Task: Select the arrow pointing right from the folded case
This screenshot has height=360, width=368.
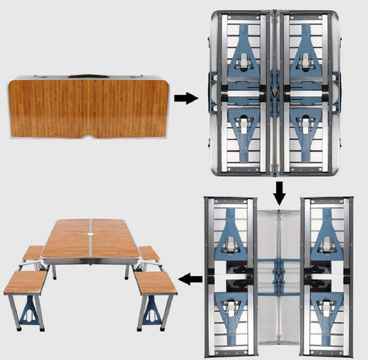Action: pyautogui.click(x=184, y=99)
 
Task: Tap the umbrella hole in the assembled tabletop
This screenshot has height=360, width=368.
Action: pyautogui.click(x=91, y=238)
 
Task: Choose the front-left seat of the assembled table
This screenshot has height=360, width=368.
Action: pyautogui.click(x=25, y=281)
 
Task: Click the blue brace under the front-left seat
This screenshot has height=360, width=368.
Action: pyautogui.click(x=29, y=312)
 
